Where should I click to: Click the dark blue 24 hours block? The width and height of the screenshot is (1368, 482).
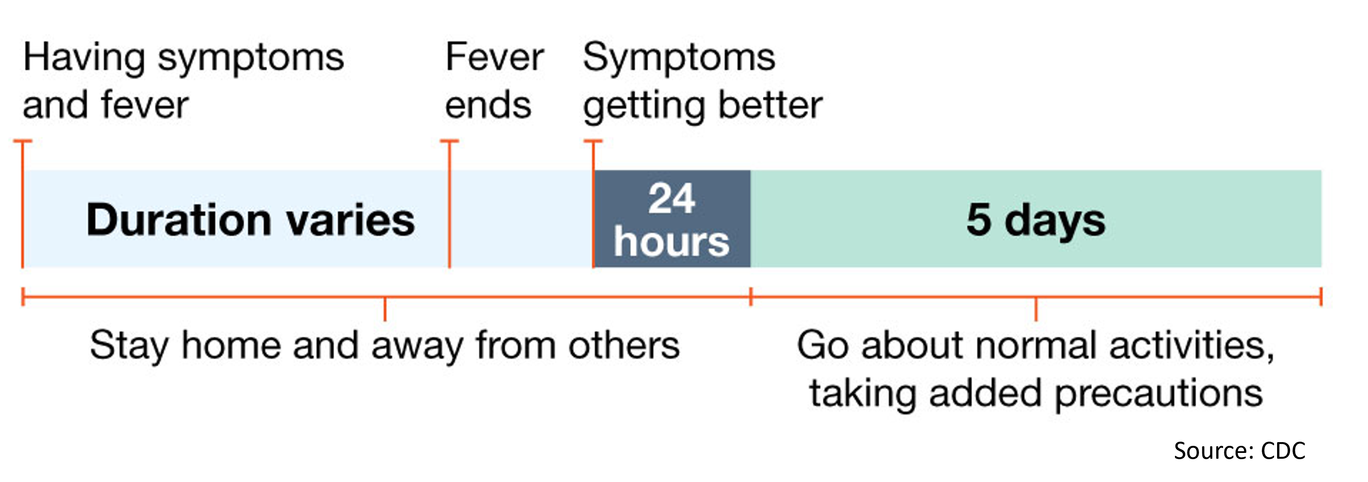(672, 219)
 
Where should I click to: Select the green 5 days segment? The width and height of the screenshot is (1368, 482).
(1035, 219)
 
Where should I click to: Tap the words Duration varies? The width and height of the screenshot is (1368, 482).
(250, 220)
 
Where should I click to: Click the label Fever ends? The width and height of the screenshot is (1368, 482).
(494, 81)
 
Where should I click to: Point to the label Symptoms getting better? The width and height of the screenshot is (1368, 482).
(702, 81)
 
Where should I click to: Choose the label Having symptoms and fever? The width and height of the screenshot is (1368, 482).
(183, 81)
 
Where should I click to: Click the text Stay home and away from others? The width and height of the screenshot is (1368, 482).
(384, 345)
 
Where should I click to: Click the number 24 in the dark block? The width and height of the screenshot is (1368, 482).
(672, 199)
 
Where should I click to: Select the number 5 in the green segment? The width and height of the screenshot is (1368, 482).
(978, 219)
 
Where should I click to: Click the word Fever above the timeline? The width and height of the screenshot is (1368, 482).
(494, 57)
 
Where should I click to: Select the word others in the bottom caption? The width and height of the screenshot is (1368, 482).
(624, 345)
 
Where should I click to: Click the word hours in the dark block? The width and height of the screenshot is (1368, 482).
(672, 242)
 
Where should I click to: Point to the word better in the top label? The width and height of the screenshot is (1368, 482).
(771, 105)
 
